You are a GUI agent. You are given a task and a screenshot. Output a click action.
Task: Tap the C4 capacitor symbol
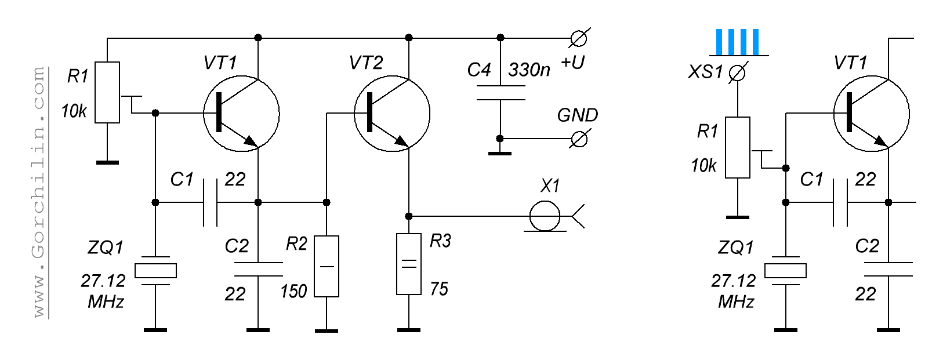[500, 93]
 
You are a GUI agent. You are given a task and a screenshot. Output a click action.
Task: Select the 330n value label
[529, 70]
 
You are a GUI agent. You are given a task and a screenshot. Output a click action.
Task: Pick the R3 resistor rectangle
[409, 264]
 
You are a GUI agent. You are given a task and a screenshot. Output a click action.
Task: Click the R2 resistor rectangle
[327, 266]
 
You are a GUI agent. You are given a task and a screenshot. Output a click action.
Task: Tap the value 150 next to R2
[293, 290]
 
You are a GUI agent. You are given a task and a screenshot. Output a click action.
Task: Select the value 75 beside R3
[439, 289]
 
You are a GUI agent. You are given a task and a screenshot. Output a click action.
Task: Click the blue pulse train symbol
[737, 42]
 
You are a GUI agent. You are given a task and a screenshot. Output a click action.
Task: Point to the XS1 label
[706, 72]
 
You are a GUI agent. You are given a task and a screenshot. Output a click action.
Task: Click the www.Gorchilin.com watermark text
[39, 192]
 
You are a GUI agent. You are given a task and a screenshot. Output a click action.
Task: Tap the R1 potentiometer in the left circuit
[107, 92]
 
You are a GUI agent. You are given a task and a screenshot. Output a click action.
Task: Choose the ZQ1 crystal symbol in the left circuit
[155, 271]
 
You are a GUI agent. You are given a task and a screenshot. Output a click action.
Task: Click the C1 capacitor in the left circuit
[210, 202]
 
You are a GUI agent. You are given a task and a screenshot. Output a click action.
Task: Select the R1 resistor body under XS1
[738, 147]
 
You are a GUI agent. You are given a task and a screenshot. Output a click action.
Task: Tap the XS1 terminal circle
[737, 73]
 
